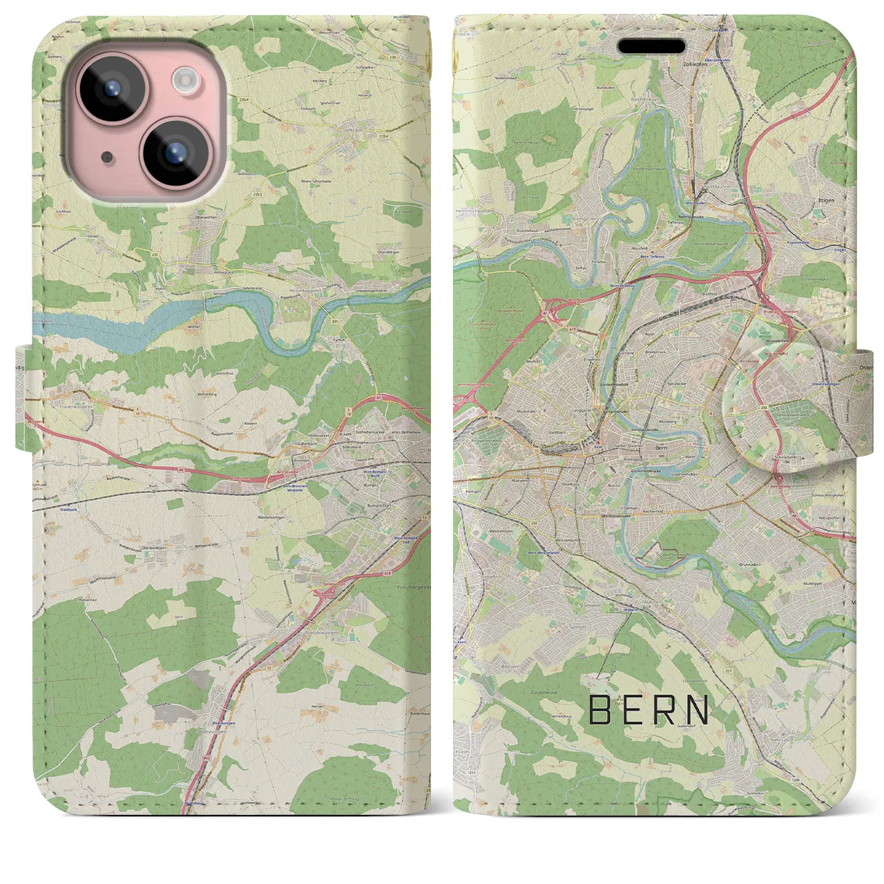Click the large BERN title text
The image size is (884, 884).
click(x=649, y=710)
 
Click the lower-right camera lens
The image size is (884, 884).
click(x=175, y=151)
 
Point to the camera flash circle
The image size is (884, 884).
click(x=184, y=80)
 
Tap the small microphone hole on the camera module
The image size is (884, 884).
click(x=106, y=157)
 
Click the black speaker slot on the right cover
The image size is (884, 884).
click(x=651, y=46)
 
